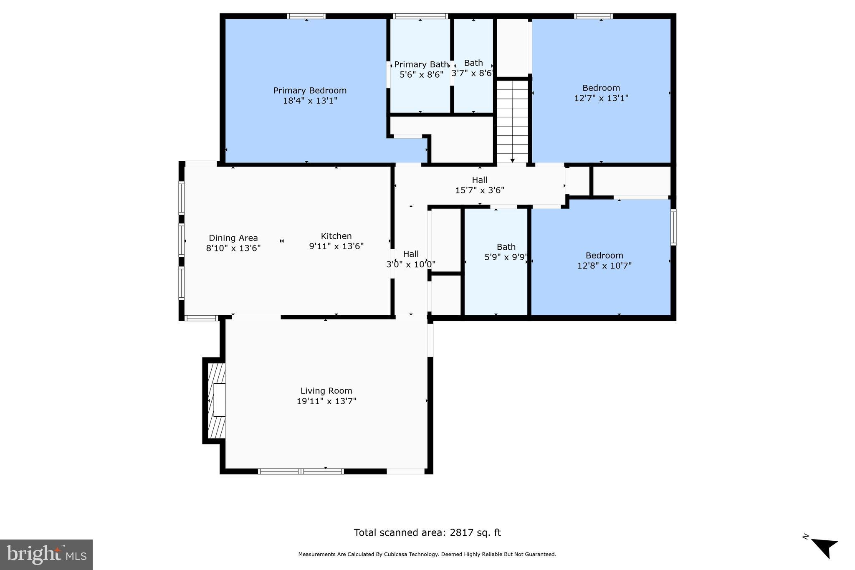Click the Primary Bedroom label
(x=310, y=91)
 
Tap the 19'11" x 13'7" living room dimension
(x=326, y=401)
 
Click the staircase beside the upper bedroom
(x=512, y=121)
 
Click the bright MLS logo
(x=46, y=555)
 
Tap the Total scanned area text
(x=427, y=532)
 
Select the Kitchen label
(x=336, y=236)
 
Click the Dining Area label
(x=233, y=238)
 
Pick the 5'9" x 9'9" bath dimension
(x=506, y=257)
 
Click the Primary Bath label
(x=421, y=65)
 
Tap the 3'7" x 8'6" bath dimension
(x=473, y=73)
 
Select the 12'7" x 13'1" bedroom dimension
(x=601, y=98)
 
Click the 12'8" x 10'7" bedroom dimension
(x=604, y=266)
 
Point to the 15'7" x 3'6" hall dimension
(x=480, y=190)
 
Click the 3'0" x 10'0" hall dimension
(x=411, y=264)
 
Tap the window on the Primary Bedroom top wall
(x=306, y=16)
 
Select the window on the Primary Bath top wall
(x=420, y=16)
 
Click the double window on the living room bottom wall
(x=301, y=471)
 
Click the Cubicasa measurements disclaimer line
(x=427, y=555)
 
